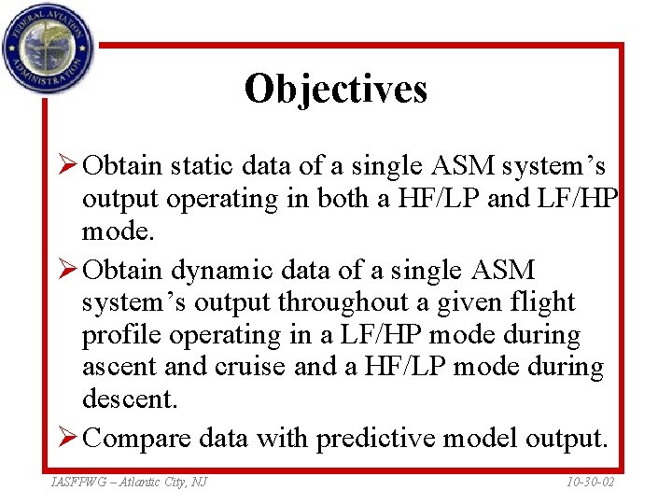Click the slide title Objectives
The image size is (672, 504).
(335, 90)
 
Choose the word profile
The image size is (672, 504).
(120, 335)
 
